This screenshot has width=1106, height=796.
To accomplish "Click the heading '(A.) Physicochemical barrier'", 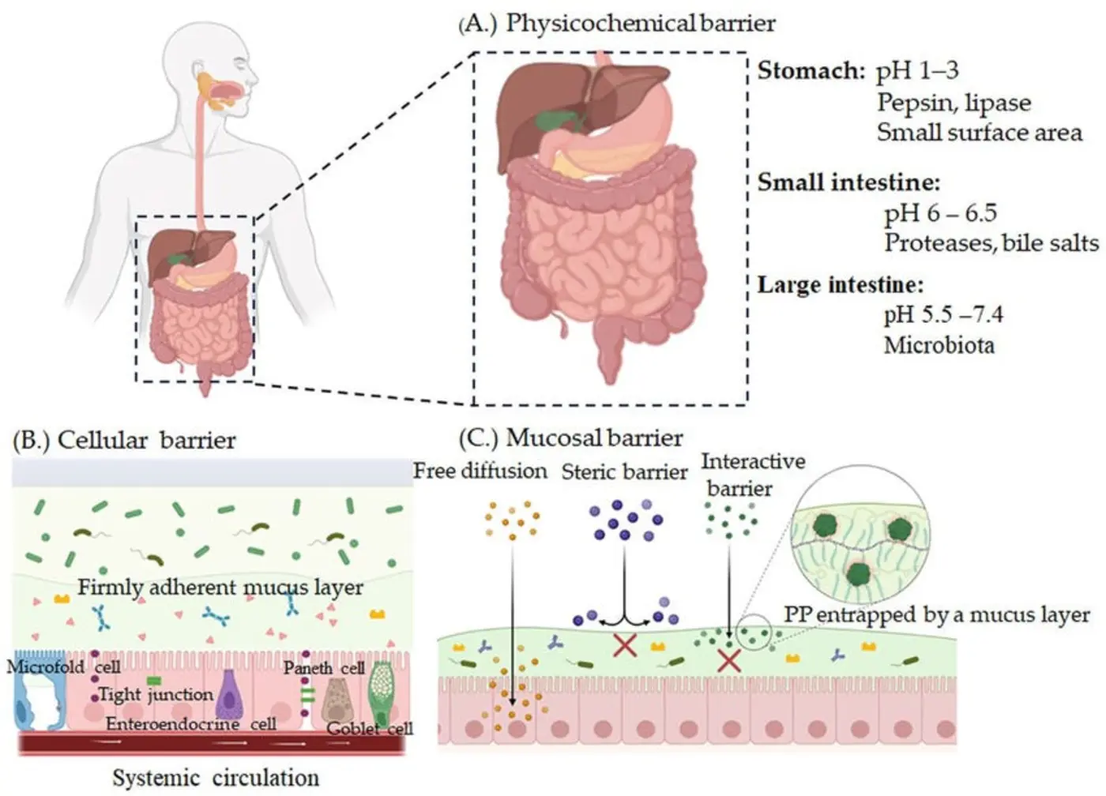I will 617,23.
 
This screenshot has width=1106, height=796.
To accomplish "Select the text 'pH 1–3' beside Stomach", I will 917,71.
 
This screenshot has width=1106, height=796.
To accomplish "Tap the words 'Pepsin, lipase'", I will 954,103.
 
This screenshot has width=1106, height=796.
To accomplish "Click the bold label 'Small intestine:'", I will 848,182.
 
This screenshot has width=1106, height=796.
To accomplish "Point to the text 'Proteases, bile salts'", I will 991,243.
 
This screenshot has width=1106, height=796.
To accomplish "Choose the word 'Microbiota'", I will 939,345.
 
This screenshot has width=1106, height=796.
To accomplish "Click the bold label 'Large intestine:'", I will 840,284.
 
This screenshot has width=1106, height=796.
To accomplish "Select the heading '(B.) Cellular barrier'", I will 124,440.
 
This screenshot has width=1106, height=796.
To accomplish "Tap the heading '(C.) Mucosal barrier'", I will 570,437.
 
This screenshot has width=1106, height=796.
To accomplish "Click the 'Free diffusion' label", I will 480,471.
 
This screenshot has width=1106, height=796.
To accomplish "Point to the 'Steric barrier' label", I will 624,472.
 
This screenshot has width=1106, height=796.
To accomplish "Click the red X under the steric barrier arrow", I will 625,646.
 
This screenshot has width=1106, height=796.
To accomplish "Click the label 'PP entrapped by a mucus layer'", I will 936,615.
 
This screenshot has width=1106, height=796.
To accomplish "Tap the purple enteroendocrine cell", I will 229,695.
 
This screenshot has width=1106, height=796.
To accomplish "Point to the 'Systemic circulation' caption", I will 216,778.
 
